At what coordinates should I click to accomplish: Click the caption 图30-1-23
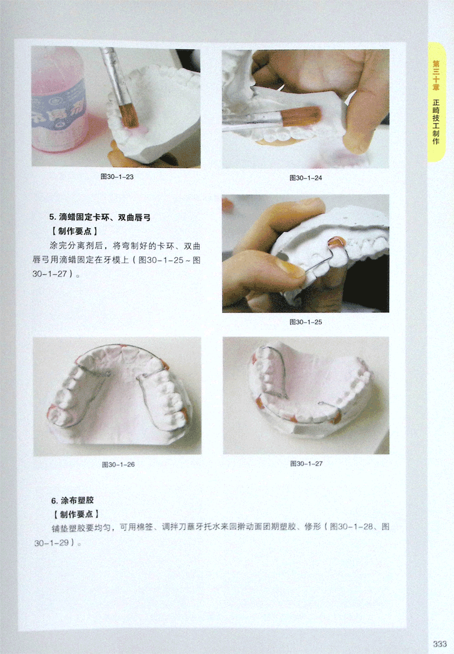pyautogui.click(x=117, y=177)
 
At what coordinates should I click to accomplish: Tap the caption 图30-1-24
pyautogui.click(x=306, y=178)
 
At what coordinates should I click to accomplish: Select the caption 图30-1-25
pyautogui.click(x=306, y=322)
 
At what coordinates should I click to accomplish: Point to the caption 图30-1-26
pyautogui.click(x=118, y=464)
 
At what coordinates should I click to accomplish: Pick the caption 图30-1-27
pyautogui.click(x=306, y=464)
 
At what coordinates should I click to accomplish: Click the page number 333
pyautogui.click(x=440, y=644)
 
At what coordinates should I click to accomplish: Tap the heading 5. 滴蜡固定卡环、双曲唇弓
pyautogui.click(x=100, y=217)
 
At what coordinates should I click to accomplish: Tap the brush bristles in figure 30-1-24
pyautogui.click(x=301, y=116)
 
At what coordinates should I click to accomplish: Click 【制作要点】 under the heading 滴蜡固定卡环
pyautogui.click(x=75, y=231)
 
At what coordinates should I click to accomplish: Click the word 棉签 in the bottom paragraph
pyautogui.click(x=145, y=527)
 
